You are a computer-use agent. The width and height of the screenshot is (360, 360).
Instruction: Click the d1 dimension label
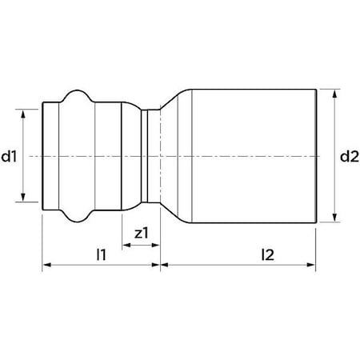click(9, 157)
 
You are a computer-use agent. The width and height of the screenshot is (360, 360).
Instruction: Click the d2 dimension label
click(350, 157)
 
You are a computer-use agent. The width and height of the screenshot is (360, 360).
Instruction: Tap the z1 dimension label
click(141, 234)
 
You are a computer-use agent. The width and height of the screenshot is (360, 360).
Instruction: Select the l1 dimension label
click(102, 254)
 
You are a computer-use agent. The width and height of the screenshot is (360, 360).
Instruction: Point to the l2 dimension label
click(268, 254)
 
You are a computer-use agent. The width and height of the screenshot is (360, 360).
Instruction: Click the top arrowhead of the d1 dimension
click(23, 114)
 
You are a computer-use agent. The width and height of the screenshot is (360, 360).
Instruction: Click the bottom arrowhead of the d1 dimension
click(23, 198)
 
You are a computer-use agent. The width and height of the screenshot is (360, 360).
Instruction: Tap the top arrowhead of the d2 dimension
click(335, 94)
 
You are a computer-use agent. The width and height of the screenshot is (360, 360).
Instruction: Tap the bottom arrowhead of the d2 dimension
click(335, 218)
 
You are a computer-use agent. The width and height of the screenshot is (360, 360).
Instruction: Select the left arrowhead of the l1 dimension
click(47, 265)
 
